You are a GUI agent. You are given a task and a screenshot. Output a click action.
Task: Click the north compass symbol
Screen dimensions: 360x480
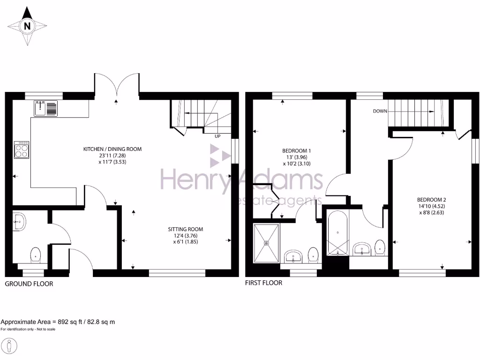[x=27, y=26]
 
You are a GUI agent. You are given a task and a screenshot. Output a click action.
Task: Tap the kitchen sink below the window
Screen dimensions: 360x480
[x=45, y=109]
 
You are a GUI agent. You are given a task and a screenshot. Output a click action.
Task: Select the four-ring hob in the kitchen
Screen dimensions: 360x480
[x=22, y=150]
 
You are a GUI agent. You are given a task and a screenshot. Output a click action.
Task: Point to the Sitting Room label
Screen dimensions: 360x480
[x=186, y=229]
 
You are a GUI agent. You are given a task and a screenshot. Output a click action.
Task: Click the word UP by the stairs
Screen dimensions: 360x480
[x=217, y=136]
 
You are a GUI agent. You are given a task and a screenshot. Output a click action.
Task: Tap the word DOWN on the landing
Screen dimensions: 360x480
[x=380, y=112]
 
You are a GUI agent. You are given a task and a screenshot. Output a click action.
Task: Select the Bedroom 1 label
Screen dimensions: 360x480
[x=296, y=150]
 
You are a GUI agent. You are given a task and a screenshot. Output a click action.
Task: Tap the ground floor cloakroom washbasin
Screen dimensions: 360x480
[x=19, y=221]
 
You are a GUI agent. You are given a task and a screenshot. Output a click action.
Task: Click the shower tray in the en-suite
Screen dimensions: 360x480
[x=267, y=243]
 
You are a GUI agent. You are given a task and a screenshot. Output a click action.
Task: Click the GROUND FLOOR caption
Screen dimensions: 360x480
[x=29, y=284]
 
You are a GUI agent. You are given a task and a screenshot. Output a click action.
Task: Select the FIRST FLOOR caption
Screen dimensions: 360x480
[x=264, y=283]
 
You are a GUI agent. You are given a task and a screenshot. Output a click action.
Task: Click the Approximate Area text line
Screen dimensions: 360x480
[x=58, y=322]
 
